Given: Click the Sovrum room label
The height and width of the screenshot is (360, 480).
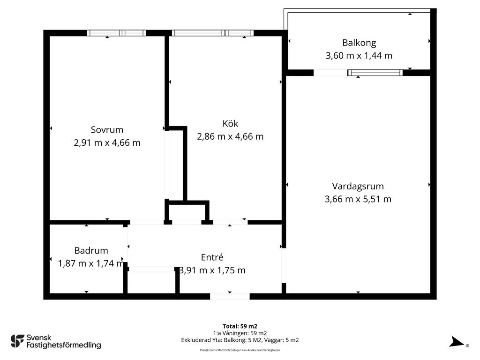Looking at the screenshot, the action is [x=107, y=130].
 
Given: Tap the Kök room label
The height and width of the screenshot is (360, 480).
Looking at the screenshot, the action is [x=230, y=123].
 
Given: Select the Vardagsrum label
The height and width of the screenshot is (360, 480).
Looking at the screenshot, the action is [x=358, y=187].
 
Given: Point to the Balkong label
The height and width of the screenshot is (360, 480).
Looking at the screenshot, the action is [x=359, y=43].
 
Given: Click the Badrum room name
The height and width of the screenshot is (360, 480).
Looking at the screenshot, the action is [x=91, y=251].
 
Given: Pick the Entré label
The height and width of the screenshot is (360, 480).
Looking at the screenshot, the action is [x=212, y=257].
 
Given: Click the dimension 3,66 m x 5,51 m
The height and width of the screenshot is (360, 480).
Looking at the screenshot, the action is [x=358, y=199].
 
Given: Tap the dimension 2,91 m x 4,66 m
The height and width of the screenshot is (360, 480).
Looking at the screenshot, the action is [x=107, y=142].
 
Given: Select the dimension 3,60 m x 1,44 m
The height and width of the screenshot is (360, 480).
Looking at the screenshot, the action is [x=359, y=56].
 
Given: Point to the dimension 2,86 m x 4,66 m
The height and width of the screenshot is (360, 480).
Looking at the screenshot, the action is [x=230, y=136].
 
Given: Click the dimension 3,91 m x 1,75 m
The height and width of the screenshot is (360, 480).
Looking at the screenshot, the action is [x=212, y=270].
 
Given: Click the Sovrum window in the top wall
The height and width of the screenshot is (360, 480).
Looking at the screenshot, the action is [x=116, y=33].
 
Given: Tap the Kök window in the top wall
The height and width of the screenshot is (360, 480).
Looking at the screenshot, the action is [x=213, y=33].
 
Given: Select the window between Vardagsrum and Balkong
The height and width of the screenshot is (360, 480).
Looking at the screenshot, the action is [x=375, y=73].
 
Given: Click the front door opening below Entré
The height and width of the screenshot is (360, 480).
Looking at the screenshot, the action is [x=230, y=296].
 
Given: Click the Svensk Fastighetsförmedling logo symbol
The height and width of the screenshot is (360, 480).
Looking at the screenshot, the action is [x=17, y=341].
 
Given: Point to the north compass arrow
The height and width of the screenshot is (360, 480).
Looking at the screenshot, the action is [x=457, y=342].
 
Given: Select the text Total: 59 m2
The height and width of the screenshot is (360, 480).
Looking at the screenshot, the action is [x=240, y=326].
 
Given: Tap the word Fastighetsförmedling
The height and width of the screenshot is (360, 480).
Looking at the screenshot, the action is [x=64, y=345].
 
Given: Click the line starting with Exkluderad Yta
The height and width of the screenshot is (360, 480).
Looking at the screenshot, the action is [x=240, y=340].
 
